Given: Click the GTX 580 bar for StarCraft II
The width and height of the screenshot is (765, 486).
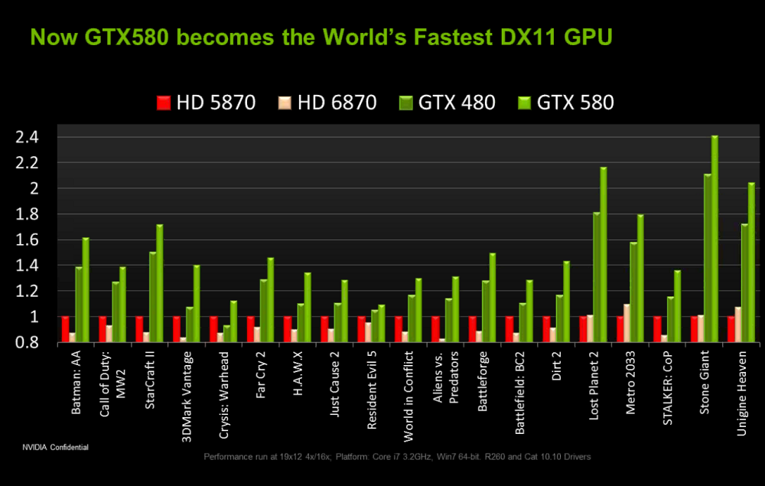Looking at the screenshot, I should click(159, 283).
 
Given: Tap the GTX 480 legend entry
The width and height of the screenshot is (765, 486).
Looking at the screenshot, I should click(448, 103).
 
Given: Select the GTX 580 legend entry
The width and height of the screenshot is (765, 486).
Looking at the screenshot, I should click(567, 103).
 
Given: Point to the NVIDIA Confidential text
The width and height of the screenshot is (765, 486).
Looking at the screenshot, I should click(55, 446).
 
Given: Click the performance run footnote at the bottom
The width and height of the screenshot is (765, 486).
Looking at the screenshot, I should click(397, 457).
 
